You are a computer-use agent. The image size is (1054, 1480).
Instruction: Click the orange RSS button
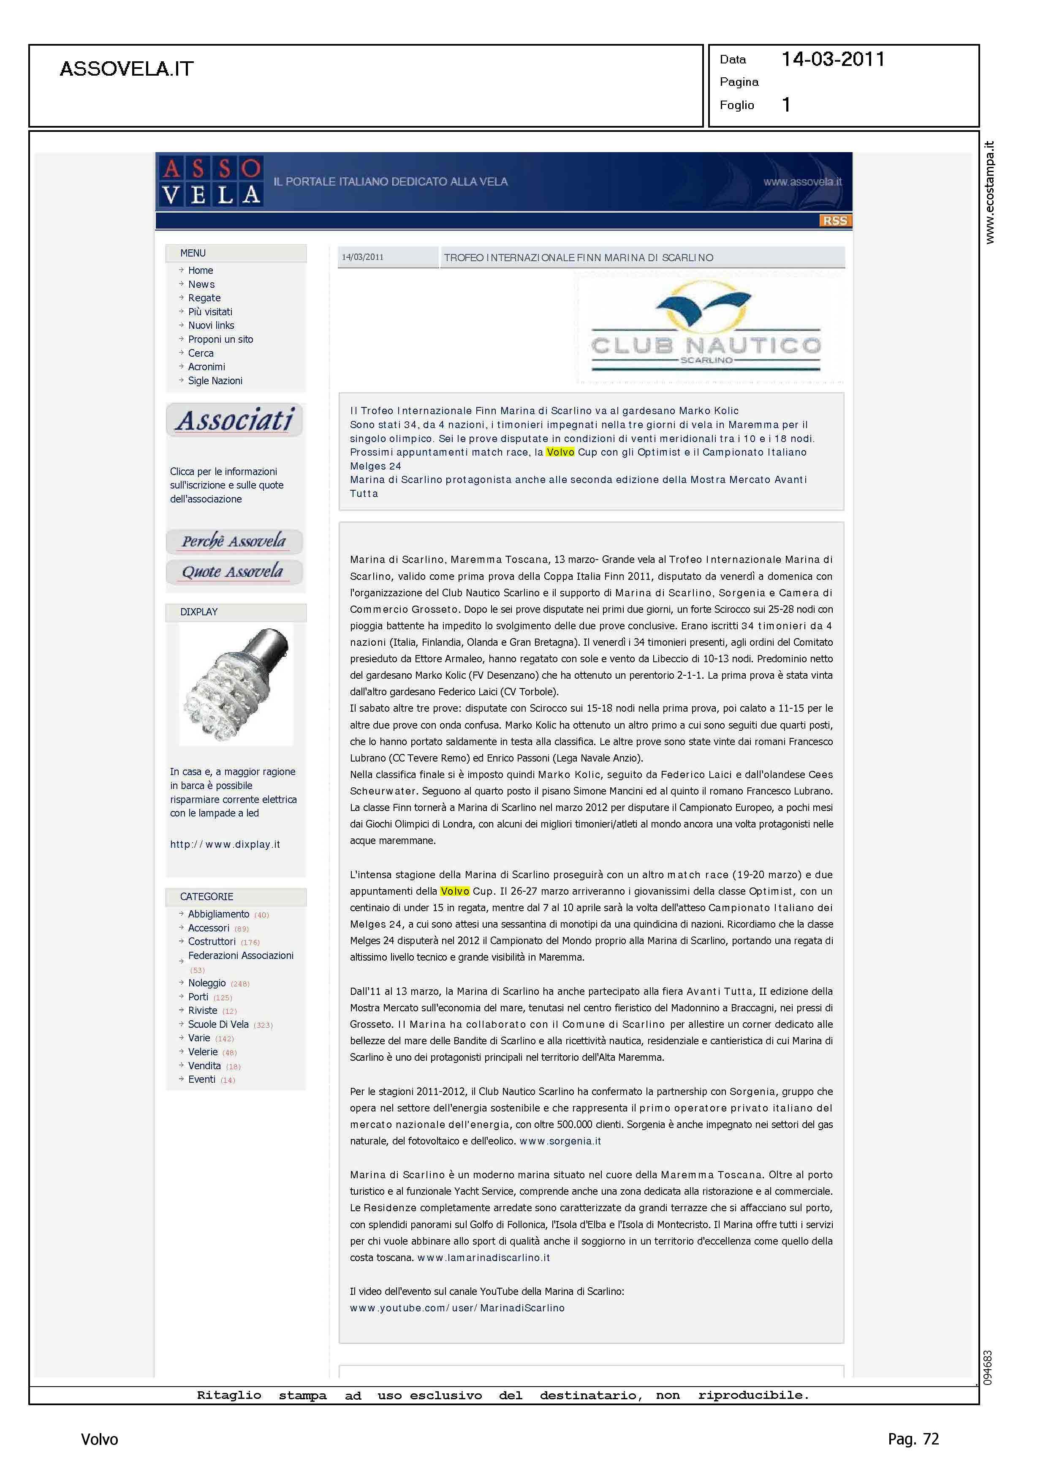pyautogui.click(x=835, y=221)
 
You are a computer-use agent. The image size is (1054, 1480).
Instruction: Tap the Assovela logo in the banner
pyautogui.click(x=210, y=182)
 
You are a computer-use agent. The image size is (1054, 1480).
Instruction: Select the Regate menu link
pyautogui.click(x=204, y=298)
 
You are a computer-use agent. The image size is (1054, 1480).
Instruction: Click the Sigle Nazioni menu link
pyautogui.click(x=215, y=380)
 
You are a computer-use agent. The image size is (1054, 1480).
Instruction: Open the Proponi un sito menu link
pyautogui.click(x=220, y=339)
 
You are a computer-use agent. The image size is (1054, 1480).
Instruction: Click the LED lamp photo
pyautogui.click(x=236, y=685)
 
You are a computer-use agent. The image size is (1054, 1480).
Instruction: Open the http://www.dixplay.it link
pyautogui.click(x=225, y=844)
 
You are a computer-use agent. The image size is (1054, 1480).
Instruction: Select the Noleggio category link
pyautogui.click(x=206, y=983)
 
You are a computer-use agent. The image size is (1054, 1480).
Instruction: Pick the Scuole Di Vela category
pyautogui.click(x=218, y=1024)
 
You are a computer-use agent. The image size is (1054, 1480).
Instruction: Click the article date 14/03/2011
pyautogui.click(x=362, y=257)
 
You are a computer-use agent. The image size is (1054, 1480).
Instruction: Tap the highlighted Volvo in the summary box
pyautogui.click(x=560, y=452)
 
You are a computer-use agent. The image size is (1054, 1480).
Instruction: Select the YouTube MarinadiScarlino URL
pyautogui.click(x=457, y=1308)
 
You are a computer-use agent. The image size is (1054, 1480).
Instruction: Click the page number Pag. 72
pyautogui.click(x=913, y=1439)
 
